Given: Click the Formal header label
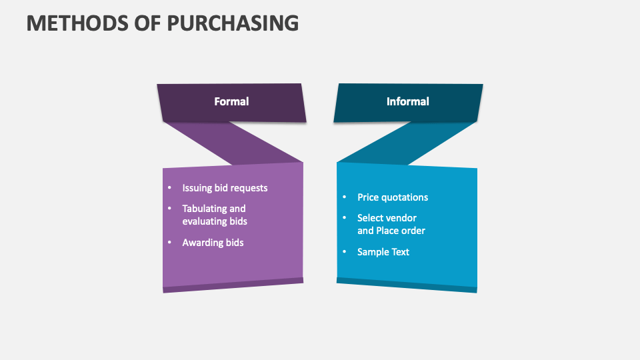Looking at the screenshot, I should click(x=231, y=101).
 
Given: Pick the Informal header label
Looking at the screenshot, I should click(x=407, y=101).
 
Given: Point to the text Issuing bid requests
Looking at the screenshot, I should click(x=225, y=188).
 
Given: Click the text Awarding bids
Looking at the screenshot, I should click(x=213, y=243).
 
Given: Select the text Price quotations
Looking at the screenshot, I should click(x=393, y=197).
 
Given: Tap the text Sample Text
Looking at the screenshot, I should click(x=383, y=252).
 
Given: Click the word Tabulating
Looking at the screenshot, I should click(x=205, y=209).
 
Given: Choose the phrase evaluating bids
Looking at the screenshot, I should click(x=215, y=221).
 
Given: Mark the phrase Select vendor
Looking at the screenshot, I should click(x=387, y=218).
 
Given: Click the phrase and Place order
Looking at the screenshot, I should click(x=391, y=231).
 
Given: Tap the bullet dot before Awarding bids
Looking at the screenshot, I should click(x=170, y=243).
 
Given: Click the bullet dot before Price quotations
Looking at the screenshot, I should click(x=345, y=197).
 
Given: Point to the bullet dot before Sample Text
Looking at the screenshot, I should click(x=345, y=252).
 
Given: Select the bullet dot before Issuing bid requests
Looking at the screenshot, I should click(x=170, y=188).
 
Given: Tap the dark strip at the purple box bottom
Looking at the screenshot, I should click(x=233, y=285).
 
